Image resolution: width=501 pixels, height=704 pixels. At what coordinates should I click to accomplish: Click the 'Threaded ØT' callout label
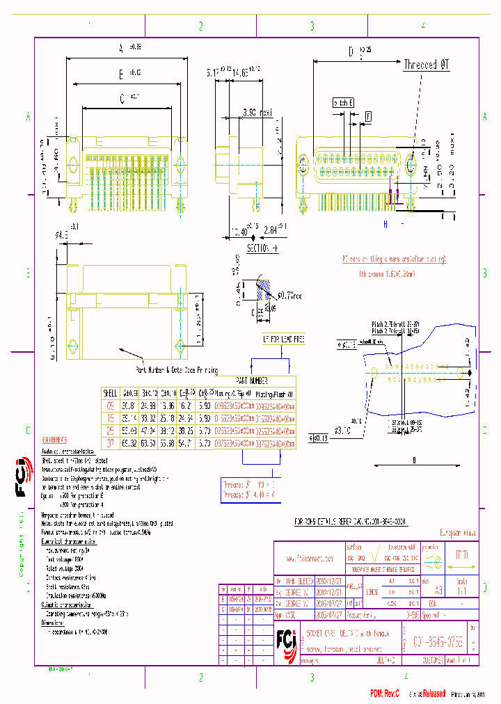(x=427, y=65)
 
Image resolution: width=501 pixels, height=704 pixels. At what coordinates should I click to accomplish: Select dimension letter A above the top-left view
(x=120, y=48)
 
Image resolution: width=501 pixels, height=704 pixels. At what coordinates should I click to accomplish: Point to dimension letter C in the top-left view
(x=122, y=99)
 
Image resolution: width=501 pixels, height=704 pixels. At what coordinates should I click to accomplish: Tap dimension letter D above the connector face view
(x=351, y=51)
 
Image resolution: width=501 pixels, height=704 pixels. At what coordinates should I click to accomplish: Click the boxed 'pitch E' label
(x=344, y=102)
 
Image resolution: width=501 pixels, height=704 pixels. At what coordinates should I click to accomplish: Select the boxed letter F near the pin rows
(x=368, y=115)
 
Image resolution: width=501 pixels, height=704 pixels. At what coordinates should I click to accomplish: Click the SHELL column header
(x=110, y=392)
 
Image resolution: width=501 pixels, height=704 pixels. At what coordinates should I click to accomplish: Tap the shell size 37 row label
(x=110, y=442)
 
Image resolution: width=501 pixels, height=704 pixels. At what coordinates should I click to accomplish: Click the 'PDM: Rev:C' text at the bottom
(x=388, y=693)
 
